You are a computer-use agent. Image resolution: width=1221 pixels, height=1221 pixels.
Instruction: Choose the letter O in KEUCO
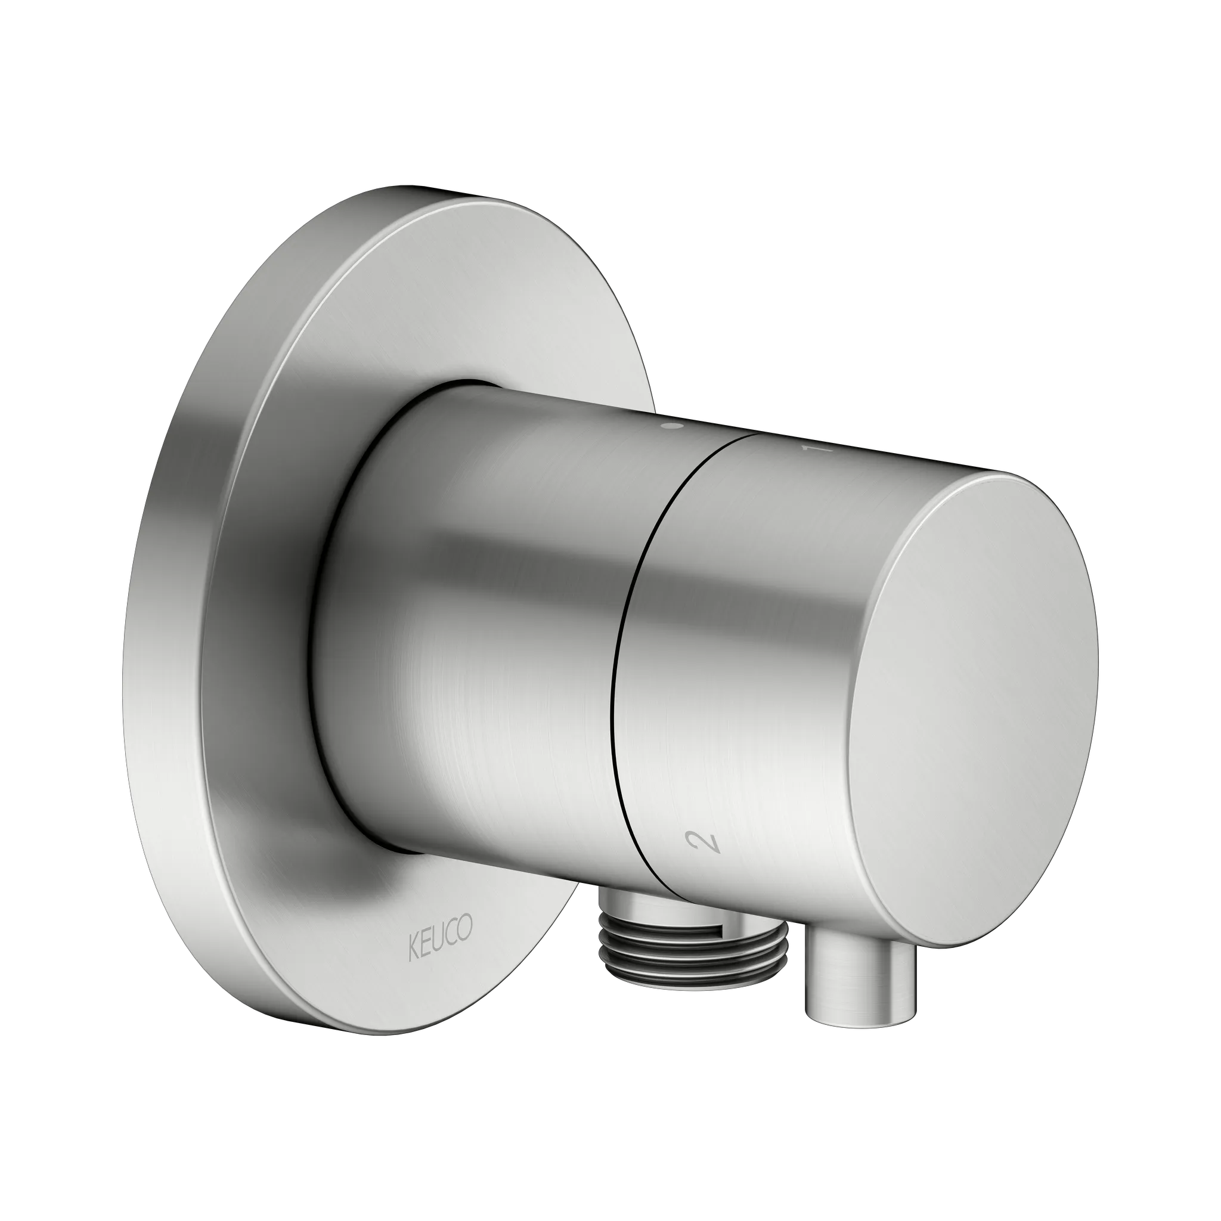(x=465, y=928)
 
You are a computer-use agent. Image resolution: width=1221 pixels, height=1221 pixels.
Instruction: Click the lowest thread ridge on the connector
(x=702, y=979)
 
